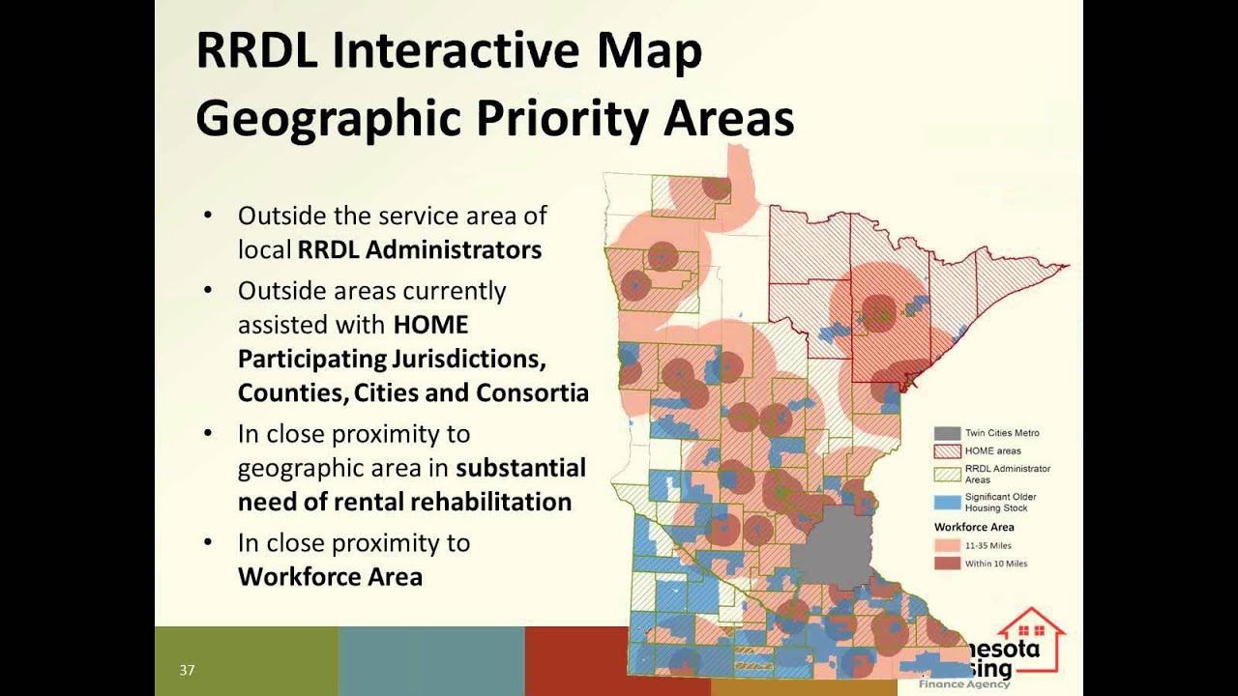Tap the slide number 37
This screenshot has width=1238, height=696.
pyautogui.click(x=187, y=670)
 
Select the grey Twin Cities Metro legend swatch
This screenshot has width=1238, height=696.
pyautogui.click(x=947, y=433)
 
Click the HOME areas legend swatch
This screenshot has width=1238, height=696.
pyautogui.click(x=947, y=451)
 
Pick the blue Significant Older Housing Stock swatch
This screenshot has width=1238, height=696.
pyautogui.click(x=947, y=503)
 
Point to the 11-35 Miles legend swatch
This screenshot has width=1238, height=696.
pyautogui.click(x=947, y=546)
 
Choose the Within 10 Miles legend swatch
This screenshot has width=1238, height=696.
pyautogui.click(x=947, y=564)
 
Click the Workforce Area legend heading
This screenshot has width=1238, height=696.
pyautogui.click(x=974, y=527)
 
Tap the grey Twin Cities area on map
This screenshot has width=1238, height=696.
pyautogui.click(x=837, y=546)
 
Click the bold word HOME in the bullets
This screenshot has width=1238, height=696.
pyautogui.click(x=430, y=324)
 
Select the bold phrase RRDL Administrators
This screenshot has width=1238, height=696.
pyautogui.click(x=419, y=249)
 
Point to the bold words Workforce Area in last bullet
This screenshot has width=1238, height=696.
pyautogui.click(x=330, y=577)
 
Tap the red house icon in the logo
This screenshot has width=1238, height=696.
pyautogui.click(x=1032, y=638)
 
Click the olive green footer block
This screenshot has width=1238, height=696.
pyautogui.click(x=246, y=660)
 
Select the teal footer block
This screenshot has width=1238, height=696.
pyautogui.click(x=431, y=660)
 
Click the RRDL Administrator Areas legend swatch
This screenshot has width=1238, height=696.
pyautogui.click(x=947, y=474)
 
